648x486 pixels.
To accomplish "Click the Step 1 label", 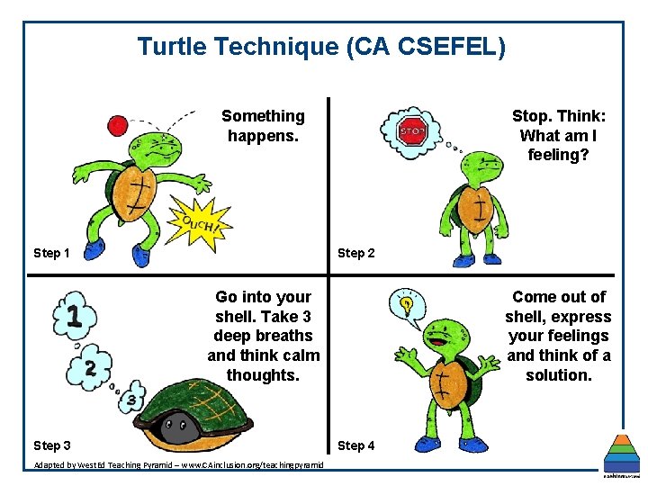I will tap(51, 253).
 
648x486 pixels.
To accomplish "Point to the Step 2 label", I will tap(356, 253).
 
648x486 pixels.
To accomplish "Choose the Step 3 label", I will tap(51, 445).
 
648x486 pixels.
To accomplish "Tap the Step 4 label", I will tap(356, 445).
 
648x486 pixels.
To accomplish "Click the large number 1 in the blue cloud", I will tap(76, 316).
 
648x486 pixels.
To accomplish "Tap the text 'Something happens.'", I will tap(263, 126).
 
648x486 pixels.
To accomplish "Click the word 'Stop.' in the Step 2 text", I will tap(533, 116).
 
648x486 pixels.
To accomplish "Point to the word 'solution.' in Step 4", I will tap(559, 374).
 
